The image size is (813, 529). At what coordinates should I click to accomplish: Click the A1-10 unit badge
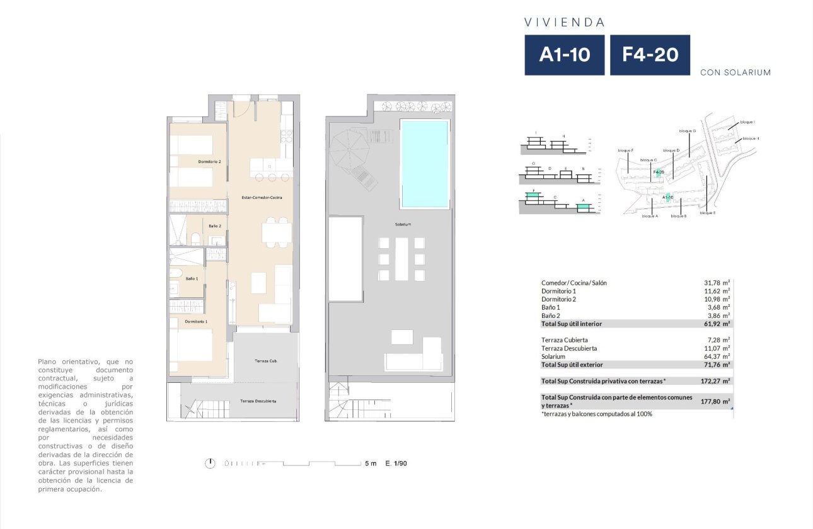tap(564, 55)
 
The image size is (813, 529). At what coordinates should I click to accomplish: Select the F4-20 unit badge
tap(650, 55)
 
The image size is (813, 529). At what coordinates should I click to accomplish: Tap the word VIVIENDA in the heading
tap(564, 22)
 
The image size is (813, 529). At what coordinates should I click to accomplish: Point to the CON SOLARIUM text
tap(735, 72)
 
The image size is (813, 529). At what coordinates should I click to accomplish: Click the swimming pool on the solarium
tap(424, 164)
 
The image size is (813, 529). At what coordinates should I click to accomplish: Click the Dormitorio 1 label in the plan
tap(196, 322)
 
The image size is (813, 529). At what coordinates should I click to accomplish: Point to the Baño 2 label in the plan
tap(214, 225)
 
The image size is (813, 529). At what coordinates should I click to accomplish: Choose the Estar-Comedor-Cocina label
tap(262, 198)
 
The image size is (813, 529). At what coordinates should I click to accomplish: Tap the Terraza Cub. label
tap(266, 361)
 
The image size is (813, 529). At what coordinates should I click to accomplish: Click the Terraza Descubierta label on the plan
tap(258, 401)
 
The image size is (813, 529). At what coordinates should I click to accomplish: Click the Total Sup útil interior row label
tap(572, 324)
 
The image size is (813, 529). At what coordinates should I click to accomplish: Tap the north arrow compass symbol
tap(210, 464)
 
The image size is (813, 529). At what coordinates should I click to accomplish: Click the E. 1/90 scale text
tap(396, 464)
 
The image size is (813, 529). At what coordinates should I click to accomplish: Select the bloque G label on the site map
tap(687, 131)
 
